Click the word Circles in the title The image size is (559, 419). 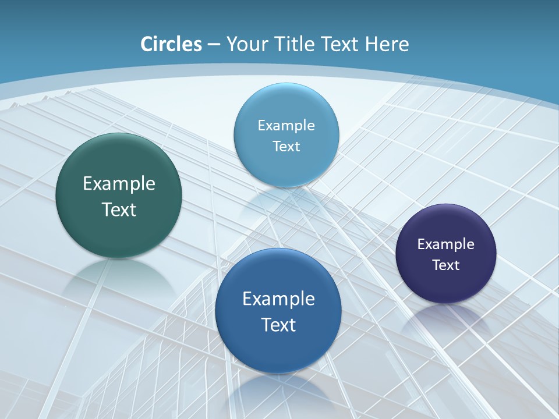click(x=171, y=44)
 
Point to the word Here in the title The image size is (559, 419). click(x=387, y=44)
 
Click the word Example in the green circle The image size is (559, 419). click(x=119, y=184)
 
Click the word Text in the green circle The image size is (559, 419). click(x=119, y=210)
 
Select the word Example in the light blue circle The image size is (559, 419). click(x=286, y=126)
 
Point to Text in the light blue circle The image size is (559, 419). click(x=286, y=147)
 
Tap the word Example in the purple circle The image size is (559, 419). click(x=445, y=244)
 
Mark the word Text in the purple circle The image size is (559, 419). click(x=446, y=265)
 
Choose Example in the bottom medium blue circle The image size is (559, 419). click(x=278, y=299)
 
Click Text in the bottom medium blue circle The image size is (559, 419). click(x=278, y=325)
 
